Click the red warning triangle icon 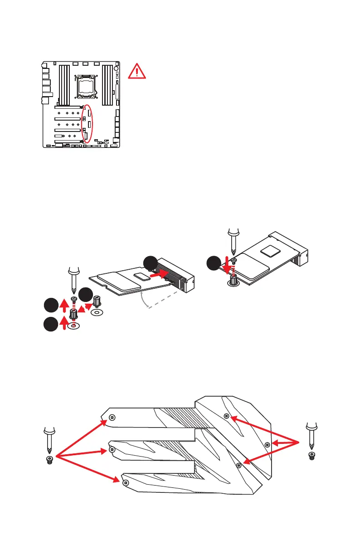point(136,71)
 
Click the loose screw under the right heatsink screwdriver point(311,456)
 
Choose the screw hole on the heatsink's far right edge point(267,444)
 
